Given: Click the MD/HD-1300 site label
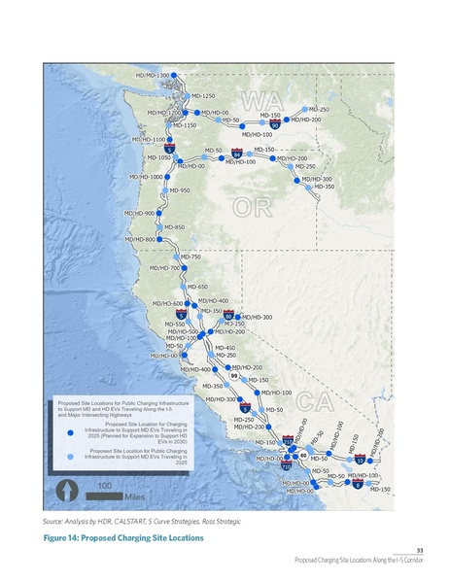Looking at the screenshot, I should pos(153,75).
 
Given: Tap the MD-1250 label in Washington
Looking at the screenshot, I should pos(202,96).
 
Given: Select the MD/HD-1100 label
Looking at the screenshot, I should pos(148,140).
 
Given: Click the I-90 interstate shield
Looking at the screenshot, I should pos(276,124).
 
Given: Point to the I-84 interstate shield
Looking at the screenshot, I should pos(237,154).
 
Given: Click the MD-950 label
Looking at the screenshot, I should pos(179,190).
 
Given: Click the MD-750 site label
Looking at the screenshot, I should pos(190,257).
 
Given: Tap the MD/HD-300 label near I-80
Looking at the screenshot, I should pos(256,317).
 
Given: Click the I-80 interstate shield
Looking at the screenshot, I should pos(228,316).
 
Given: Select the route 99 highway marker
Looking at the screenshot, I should pos(221,375).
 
